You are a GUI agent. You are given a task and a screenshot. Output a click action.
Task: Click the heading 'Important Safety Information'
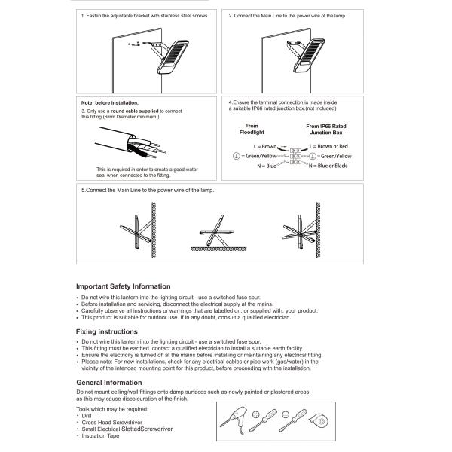pos(134,286)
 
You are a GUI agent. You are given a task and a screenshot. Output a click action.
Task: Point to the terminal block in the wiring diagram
pos(291,155)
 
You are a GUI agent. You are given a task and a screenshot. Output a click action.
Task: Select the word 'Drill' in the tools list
pos(87,415)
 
